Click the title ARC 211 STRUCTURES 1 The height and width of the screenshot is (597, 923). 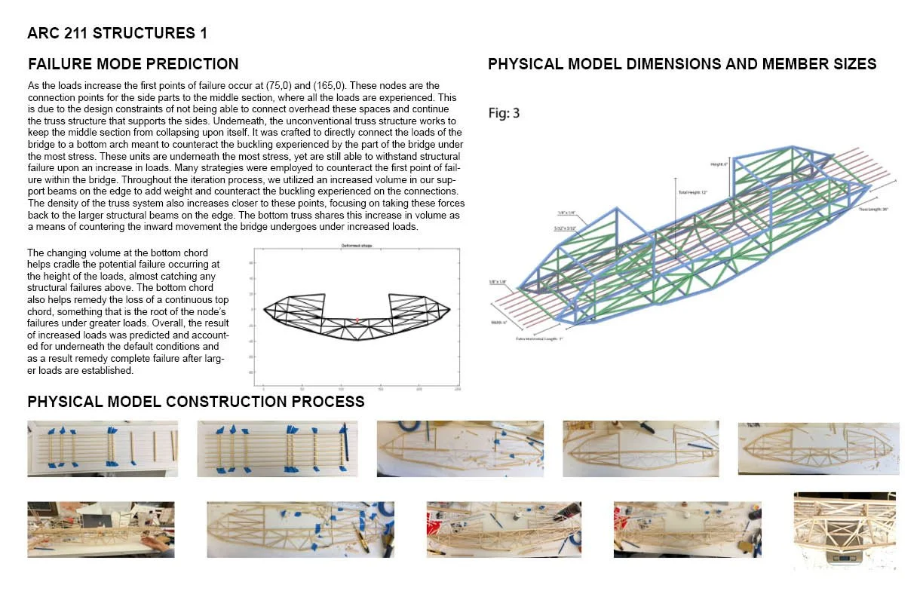point(117,33)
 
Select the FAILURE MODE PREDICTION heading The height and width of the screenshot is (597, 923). point(133,64)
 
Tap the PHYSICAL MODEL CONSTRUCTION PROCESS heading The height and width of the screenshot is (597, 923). point(195,402)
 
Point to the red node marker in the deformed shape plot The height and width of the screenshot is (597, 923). point(357,320)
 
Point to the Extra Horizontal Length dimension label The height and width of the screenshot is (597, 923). point(539,339)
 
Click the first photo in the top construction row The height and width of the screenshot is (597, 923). point(103,449)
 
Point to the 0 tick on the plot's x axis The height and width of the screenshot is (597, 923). point(263,389)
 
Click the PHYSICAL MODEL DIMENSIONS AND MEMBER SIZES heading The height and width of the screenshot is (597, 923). point(682,64)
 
